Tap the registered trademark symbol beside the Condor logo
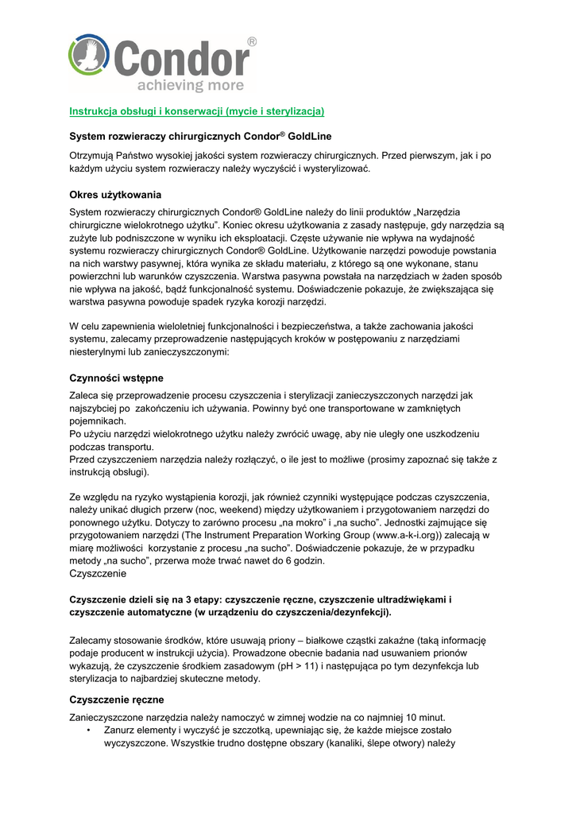coord(252,41)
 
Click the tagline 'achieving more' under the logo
coord(181,85)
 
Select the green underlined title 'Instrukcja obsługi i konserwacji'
coord(197,110)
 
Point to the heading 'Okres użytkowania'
coord(115,195)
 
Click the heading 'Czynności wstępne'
coord(117,378)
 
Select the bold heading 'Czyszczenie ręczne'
coord(117,700)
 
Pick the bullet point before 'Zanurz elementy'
coord(95,730)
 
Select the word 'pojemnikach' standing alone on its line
coord(98,421)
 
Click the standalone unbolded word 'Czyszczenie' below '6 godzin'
coord(99,574)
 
